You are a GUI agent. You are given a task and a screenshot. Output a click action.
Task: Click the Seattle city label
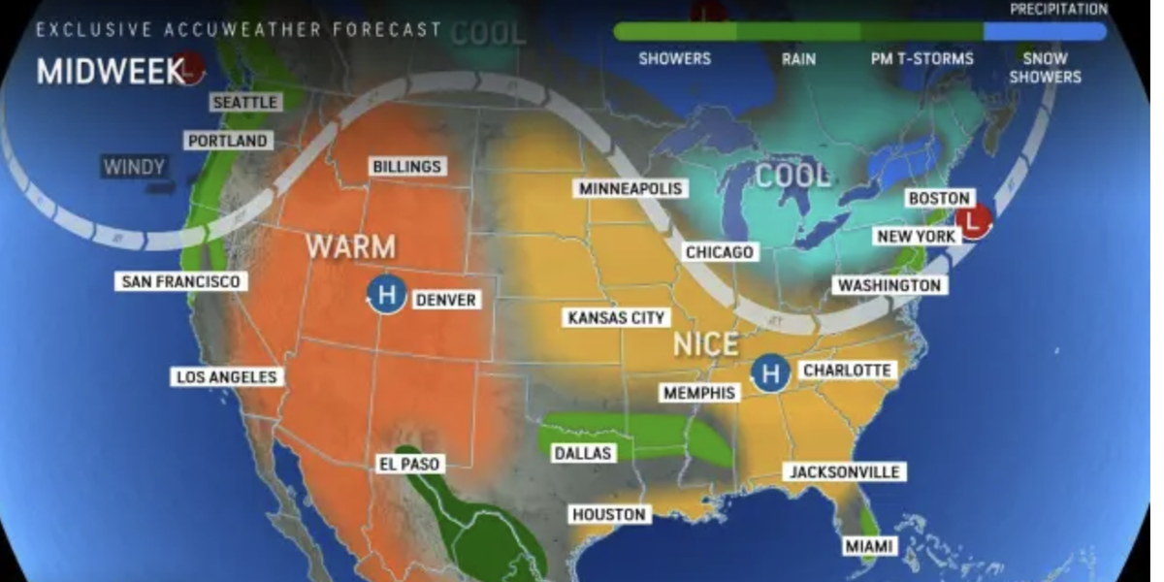point(245,102)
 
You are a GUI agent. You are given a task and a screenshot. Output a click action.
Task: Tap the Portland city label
point(227,141)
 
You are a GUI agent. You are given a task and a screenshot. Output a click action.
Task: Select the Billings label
point(407,167)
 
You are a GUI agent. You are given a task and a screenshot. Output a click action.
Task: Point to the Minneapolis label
point(631,188)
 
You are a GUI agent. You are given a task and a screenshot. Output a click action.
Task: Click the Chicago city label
point(720,252)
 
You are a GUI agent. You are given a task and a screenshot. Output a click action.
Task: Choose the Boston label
point(938,198)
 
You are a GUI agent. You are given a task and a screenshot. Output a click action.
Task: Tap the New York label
point(916,237)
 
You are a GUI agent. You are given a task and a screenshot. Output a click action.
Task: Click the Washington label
point(889,285)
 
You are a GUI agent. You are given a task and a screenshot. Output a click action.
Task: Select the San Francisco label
point(179,281)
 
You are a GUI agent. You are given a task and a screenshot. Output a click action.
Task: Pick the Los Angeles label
point(226,376)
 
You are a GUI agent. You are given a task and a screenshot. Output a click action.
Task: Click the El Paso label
point(408,464)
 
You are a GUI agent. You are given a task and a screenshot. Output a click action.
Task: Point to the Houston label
point(608,514)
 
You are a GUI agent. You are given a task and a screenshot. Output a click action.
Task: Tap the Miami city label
point(868,546)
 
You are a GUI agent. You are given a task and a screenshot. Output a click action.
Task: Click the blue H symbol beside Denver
point(386,294)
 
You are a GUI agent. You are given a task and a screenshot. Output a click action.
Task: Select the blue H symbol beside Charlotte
point(770,372)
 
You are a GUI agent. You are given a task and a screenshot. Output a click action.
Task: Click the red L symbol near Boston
point(974,220)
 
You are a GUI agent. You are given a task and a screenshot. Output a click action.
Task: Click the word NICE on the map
point(706,344)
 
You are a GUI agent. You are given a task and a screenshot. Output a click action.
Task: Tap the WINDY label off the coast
point(134,167)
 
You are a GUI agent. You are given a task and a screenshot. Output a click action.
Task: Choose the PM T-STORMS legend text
point(921,59)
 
